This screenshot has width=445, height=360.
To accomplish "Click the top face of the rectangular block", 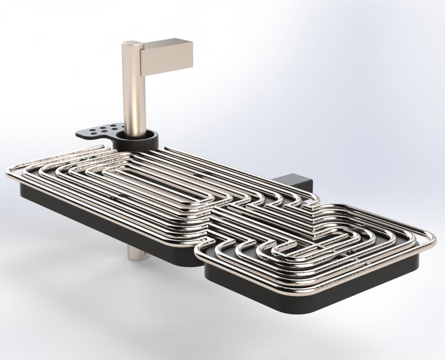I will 165,43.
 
